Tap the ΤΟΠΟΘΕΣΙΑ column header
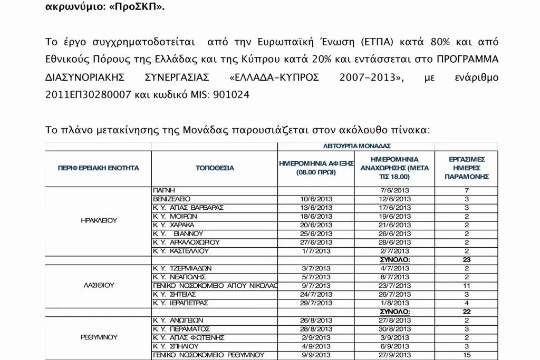214,168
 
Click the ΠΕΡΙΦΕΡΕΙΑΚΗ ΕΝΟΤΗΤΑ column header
98,168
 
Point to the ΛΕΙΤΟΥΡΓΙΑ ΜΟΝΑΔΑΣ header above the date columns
356,146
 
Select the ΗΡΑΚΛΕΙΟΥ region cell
99,220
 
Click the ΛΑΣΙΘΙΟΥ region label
99,285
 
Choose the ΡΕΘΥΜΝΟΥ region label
99,337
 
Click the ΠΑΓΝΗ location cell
163,190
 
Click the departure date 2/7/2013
394,251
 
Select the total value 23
466,259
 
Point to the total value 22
466,311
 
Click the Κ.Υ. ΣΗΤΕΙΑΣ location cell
175,294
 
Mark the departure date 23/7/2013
394,285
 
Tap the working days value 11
466,285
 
